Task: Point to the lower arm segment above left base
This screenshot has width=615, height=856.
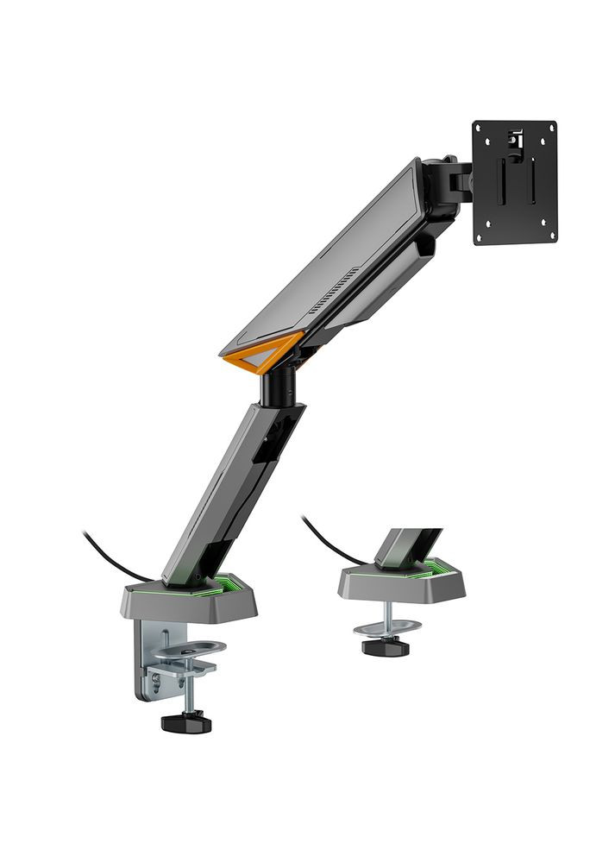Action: point(229,492)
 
